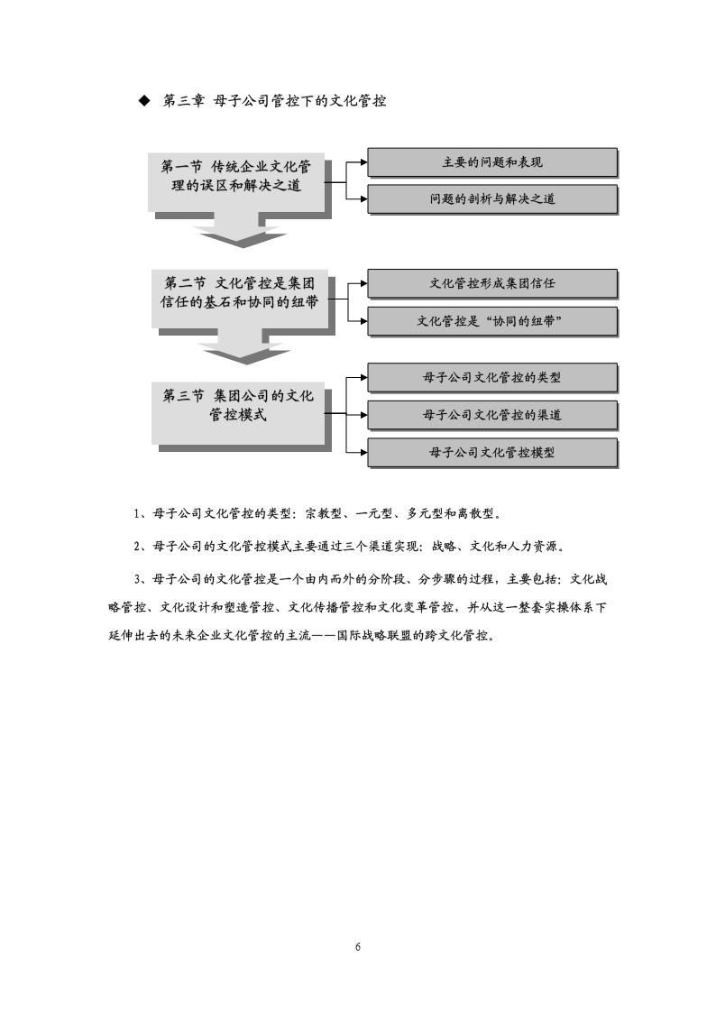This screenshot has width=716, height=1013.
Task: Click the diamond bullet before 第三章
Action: tap(144, 101)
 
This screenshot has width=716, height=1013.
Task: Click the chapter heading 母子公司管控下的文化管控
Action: tap(299, 101)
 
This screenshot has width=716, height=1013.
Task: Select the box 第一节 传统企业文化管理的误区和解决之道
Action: tap(236, 182)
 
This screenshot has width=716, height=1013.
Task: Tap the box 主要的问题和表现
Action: tap(492, 162)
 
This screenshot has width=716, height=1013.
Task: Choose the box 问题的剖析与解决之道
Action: tap(492, 199)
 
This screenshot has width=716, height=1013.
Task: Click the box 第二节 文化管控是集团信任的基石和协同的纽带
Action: tap(240, 299)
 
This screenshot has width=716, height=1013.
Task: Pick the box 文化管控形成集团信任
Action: tap(492, 283)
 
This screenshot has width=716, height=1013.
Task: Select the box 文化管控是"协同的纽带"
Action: tap(492, 321)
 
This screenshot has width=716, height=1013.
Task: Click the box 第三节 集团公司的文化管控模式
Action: tap(237, 413)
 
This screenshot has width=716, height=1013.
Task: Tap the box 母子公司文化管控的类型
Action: tap(492, 377)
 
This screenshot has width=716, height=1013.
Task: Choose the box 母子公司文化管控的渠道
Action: tap(492, 415)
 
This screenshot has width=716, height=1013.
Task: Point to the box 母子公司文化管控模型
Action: tap(492, 452)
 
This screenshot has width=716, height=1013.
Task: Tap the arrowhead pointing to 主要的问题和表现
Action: tap(364, 162)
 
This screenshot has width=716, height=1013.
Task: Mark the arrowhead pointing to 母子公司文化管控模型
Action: tap(364, 452)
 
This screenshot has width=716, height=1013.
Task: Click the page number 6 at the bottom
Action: tap(358, 947)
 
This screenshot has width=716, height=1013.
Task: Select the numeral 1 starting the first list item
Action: tap(137, 514)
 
